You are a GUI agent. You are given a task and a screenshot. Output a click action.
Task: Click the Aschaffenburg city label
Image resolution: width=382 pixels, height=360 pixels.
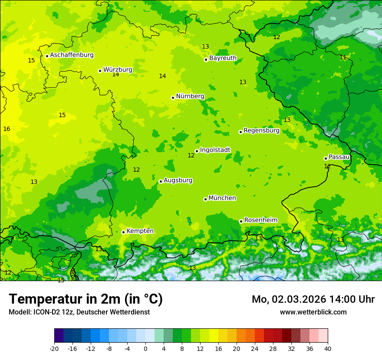(x=72, y=55)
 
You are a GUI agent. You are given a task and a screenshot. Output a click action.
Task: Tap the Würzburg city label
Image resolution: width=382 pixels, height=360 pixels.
(x=118, y=70)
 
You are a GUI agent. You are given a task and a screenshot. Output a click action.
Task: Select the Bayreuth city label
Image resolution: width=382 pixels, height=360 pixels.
(x=223, y=58)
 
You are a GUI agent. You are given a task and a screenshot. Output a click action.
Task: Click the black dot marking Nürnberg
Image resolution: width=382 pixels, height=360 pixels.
(x=173, y=98)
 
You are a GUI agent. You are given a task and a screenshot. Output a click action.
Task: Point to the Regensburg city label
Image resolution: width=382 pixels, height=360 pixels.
(x=261, y=131)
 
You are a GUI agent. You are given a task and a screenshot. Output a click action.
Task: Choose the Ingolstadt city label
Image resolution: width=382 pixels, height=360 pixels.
(x=215, y=150)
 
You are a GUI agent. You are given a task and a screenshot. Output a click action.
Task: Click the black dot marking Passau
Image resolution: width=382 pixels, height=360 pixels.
(x=326, y=158)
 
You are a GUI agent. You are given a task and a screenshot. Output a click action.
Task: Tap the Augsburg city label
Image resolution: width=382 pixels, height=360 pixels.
(x=178, y=180)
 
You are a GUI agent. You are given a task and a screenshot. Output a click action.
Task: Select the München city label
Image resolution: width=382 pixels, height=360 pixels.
(x=222, y=198)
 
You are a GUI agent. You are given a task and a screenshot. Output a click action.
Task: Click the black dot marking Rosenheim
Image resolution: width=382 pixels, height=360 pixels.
(x=241, y=221)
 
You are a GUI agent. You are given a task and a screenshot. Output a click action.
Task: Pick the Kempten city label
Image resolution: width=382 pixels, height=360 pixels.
(x=140, y=231)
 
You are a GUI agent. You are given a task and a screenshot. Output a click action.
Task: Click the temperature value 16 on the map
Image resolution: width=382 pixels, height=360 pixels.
(x=7, y=129)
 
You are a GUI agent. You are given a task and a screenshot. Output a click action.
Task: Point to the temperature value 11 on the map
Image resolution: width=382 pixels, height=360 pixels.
(x=343, y=58)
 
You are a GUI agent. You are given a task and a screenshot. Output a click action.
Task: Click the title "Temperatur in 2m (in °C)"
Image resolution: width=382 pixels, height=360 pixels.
(x=86, y=299)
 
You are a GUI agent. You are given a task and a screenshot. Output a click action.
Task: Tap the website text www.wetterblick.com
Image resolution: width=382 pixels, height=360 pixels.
(x=313, y=312)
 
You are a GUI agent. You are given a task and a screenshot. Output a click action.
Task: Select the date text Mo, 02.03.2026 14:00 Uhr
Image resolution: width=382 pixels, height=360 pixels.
(x=313, y=299)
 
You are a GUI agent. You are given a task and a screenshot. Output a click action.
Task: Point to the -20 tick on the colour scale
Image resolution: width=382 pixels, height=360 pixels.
(x=54, y=349)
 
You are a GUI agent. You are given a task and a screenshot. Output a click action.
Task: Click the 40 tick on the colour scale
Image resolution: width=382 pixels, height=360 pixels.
(x=328, y=349)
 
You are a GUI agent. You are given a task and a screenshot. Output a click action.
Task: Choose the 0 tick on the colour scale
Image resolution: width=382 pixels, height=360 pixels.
(x=145, y=349)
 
